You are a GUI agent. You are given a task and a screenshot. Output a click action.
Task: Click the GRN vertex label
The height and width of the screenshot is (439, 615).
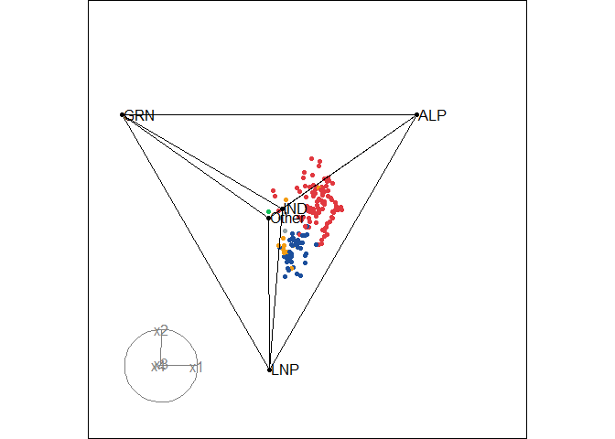pos(139,115)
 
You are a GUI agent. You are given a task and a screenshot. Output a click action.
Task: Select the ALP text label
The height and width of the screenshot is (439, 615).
pos(432,115)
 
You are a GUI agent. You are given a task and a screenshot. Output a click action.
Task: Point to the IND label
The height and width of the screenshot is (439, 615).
pos(296,209)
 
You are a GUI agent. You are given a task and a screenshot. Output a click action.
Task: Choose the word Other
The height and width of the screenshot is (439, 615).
pos(287,219)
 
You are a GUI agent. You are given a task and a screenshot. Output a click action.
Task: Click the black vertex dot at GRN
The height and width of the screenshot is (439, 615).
pos(122,114)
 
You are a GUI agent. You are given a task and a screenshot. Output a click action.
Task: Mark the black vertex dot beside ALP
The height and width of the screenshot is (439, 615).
pos(416,114)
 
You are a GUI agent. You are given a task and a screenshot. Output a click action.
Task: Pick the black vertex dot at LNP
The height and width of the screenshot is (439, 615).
pos(269,369)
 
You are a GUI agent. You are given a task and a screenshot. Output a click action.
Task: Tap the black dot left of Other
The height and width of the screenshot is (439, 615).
pos(268,219)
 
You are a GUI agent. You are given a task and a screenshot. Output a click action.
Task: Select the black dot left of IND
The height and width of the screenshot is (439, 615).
pos(281,210)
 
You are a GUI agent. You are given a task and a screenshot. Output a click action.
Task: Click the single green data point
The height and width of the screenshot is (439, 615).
pos(268,212)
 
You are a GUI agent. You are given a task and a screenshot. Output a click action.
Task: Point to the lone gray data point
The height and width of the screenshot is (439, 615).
pos(285,230)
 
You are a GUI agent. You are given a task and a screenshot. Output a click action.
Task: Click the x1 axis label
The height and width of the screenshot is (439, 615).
pos(195,368)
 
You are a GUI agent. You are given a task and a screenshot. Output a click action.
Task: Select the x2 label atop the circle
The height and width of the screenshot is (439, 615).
pos(161,330)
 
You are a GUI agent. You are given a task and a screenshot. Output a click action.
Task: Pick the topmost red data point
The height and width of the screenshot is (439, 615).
pos(311,158)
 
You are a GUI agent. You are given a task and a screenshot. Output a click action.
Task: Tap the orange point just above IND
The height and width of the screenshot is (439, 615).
pos(286,200)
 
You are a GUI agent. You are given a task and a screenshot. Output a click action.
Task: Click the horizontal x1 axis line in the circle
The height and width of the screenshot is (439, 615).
pos(179,366)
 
